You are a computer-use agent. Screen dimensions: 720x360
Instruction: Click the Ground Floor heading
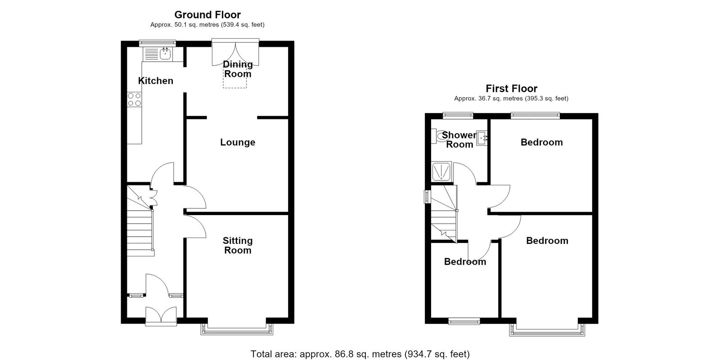(x=207, y=15)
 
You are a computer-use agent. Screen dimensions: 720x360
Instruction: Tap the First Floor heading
(x=511, y=88)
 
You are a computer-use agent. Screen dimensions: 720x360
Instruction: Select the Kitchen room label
(x=156, y=81)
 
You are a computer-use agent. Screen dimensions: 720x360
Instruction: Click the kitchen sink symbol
(x=157, y=54)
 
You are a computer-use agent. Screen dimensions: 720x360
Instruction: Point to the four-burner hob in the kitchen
(x=135, y=99)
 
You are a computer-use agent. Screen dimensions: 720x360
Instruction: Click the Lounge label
(x=238, y=142)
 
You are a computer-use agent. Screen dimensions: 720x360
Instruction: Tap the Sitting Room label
(x=238, y=245)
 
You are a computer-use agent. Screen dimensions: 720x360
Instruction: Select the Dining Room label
(x=238, y=69)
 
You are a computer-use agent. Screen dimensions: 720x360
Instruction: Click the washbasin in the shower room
(x=481, y=138)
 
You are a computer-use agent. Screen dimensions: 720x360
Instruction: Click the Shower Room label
(x=459, y=140)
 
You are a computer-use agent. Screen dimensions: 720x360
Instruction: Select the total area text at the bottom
(x=360, y=354)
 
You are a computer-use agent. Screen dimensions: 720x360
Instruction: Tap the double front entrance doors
(x=161, y=316)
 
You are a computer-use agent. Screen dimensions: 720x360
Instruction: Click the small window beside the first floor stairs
(x=427, y=197)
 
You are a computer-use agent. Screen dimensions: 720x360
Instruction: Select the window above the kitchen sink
(x=157, y=43)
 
